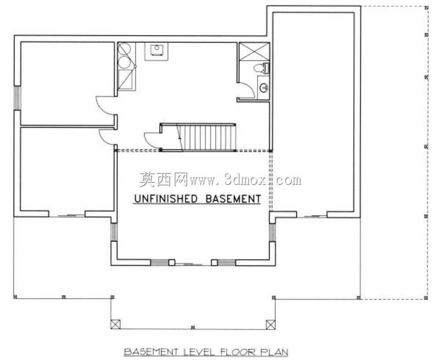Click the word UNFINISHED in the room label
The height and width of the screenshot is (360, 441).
pos(166,199)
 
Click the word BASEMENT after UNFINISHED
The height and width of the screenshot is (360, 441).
pos(233,199)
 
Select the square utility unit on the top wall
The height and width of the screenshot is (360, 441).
pos(156,51)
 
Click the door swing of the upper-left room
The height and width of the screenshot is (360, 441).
pos(106,106)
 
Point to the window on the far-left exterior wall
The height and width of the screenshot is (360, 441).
pos(17,97)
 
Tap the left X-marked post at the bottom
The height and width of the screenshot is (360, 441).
pos(115,324)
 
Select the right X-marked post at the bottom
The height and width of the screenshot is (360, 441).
pos(270,324)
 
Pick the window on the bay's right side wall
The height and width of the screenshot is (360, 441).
pos(272,232)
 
